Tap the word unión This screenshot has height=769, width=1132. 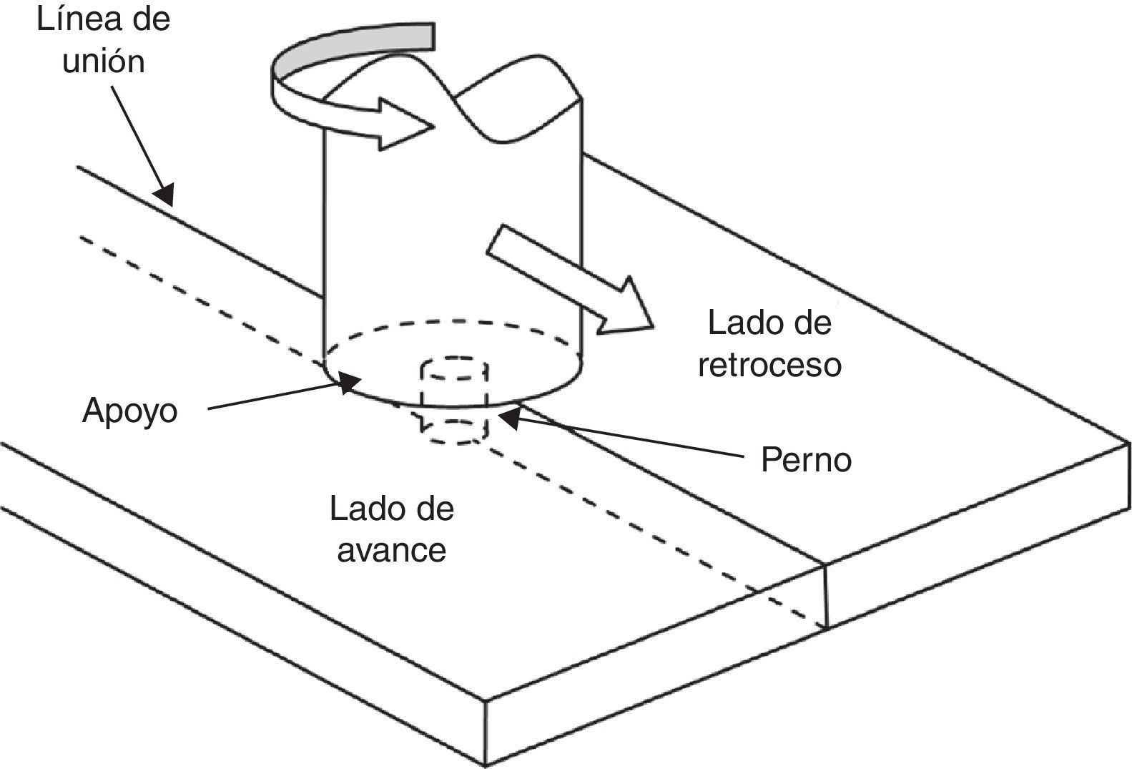click(104, 62)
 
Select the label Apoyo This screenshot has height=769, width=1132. click(129, 411)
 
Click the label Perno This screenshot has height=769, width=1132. click(806, 459)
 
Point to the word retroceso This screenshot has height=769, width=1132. click(769, 365)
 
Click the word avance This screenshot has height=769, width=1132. click(391, 550)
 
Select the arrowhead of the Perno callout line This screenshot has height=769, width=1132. click(509, 418)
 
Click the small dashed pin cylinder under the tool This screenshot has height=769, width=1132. click(455, 401)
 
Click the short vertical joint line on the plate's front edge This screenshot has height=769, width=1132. click(826, 597)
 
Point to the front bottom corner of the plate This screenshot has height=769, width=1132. click(486, 764)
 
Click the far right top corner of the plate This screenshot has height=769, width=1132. click(1128, 444)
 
